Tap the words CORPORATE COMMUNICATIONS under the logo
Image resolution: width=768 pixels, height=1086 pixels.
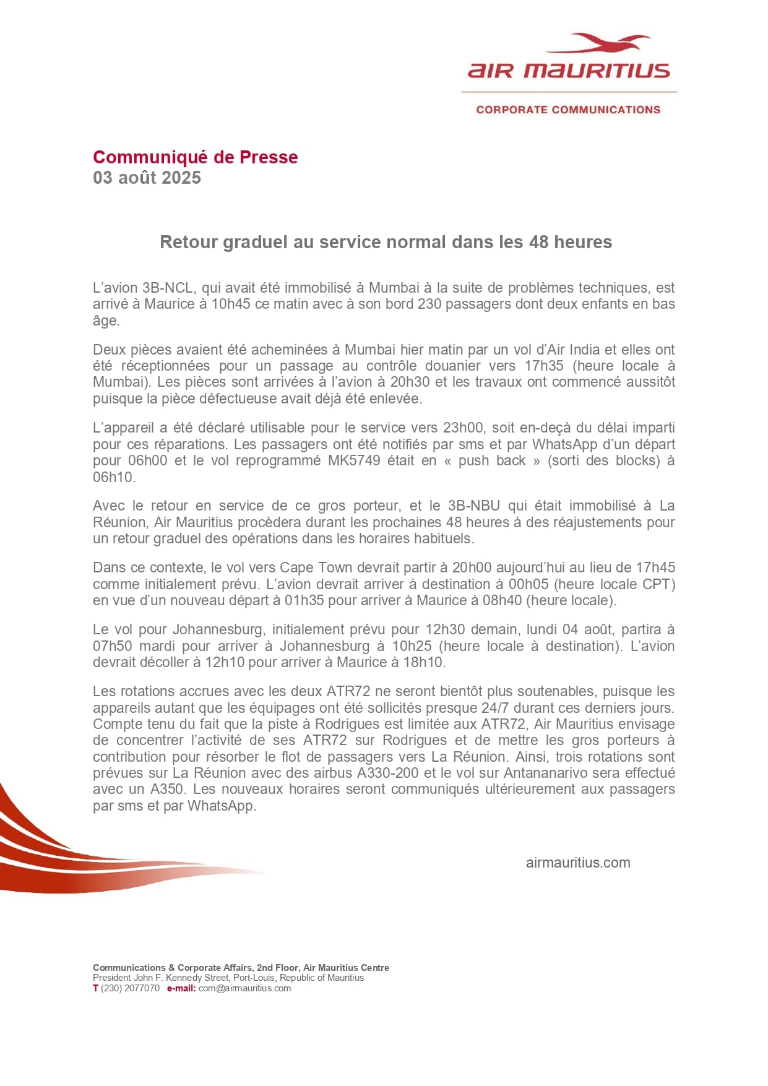568,110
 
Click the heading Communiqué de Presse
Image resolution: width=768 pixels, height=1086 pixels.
195,157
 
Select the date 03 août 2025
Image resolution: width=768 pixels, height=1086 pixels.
147,178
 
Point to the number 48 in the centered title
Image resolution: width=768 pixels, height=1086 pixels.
538,242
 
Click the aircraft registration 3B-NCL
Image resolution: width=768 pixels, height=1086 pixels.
169,288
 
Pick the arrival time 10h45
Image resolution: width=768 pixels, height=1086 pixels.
231,304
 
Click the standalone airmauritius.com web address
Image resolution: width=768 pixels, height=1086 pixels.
577,863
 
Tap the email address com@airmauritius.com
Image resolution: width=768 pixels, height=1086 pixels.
244,988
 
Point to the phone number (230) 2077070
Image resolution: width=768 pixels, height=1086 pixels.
130,988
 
